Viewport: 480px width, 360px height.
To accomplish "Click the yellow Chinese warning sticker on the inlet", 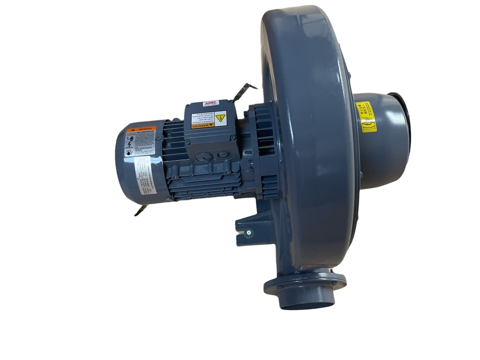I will coord(366,117).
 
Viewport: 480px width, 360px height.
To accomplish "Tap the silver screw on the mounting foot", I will coord(249,232).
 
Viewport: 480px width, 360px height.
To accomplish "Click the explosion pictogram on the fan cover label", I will coord(129,153).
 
